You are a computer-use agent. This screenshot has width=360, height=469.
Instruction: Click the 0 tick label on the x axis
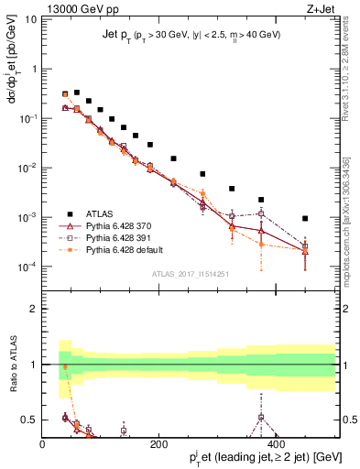tap(43, 444)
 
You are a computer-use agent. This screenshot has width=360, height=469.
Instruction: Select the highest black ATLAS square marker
tap(77, 93)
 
